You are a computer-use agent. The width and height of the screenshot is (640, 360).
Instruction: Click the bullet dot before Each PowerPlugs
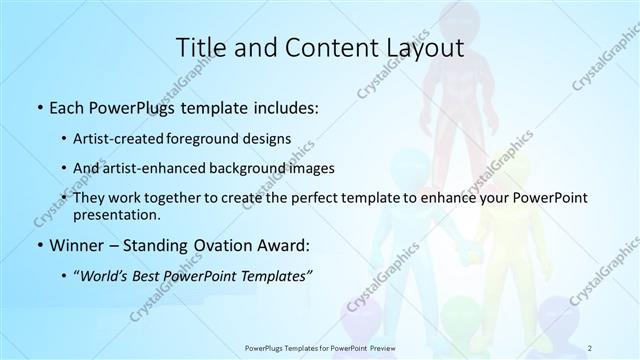tap(38, 106)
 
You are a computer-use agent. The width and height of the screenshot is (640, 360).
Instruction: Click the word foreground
tap(217, 138)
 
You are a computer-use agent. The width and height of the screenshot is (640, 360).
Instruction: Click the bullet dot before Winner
tap(38, 246)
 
